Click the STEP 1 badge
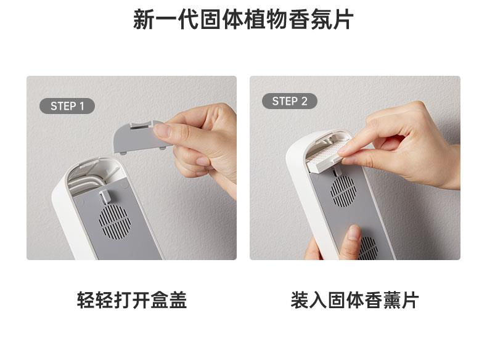tap(67, 106)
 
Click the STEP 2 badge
tap(290, 101)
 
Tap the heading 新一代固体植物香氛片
tap(243, 19)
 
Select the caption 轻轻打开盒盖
tap(132, 300)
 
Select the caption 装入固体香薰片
tap(354, 300)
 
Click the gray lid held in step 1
tap(137, 137)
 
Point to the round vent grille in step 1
tap(115, 222)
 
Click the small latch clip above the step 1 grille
tap(105, 197)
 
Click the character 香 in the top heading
tap(299, 19)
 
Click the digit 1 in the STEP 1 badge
tap(82, 106)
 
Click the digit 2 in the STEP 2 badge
tap(304, 101)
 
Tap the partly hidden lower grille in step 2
tap(369, 248)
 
